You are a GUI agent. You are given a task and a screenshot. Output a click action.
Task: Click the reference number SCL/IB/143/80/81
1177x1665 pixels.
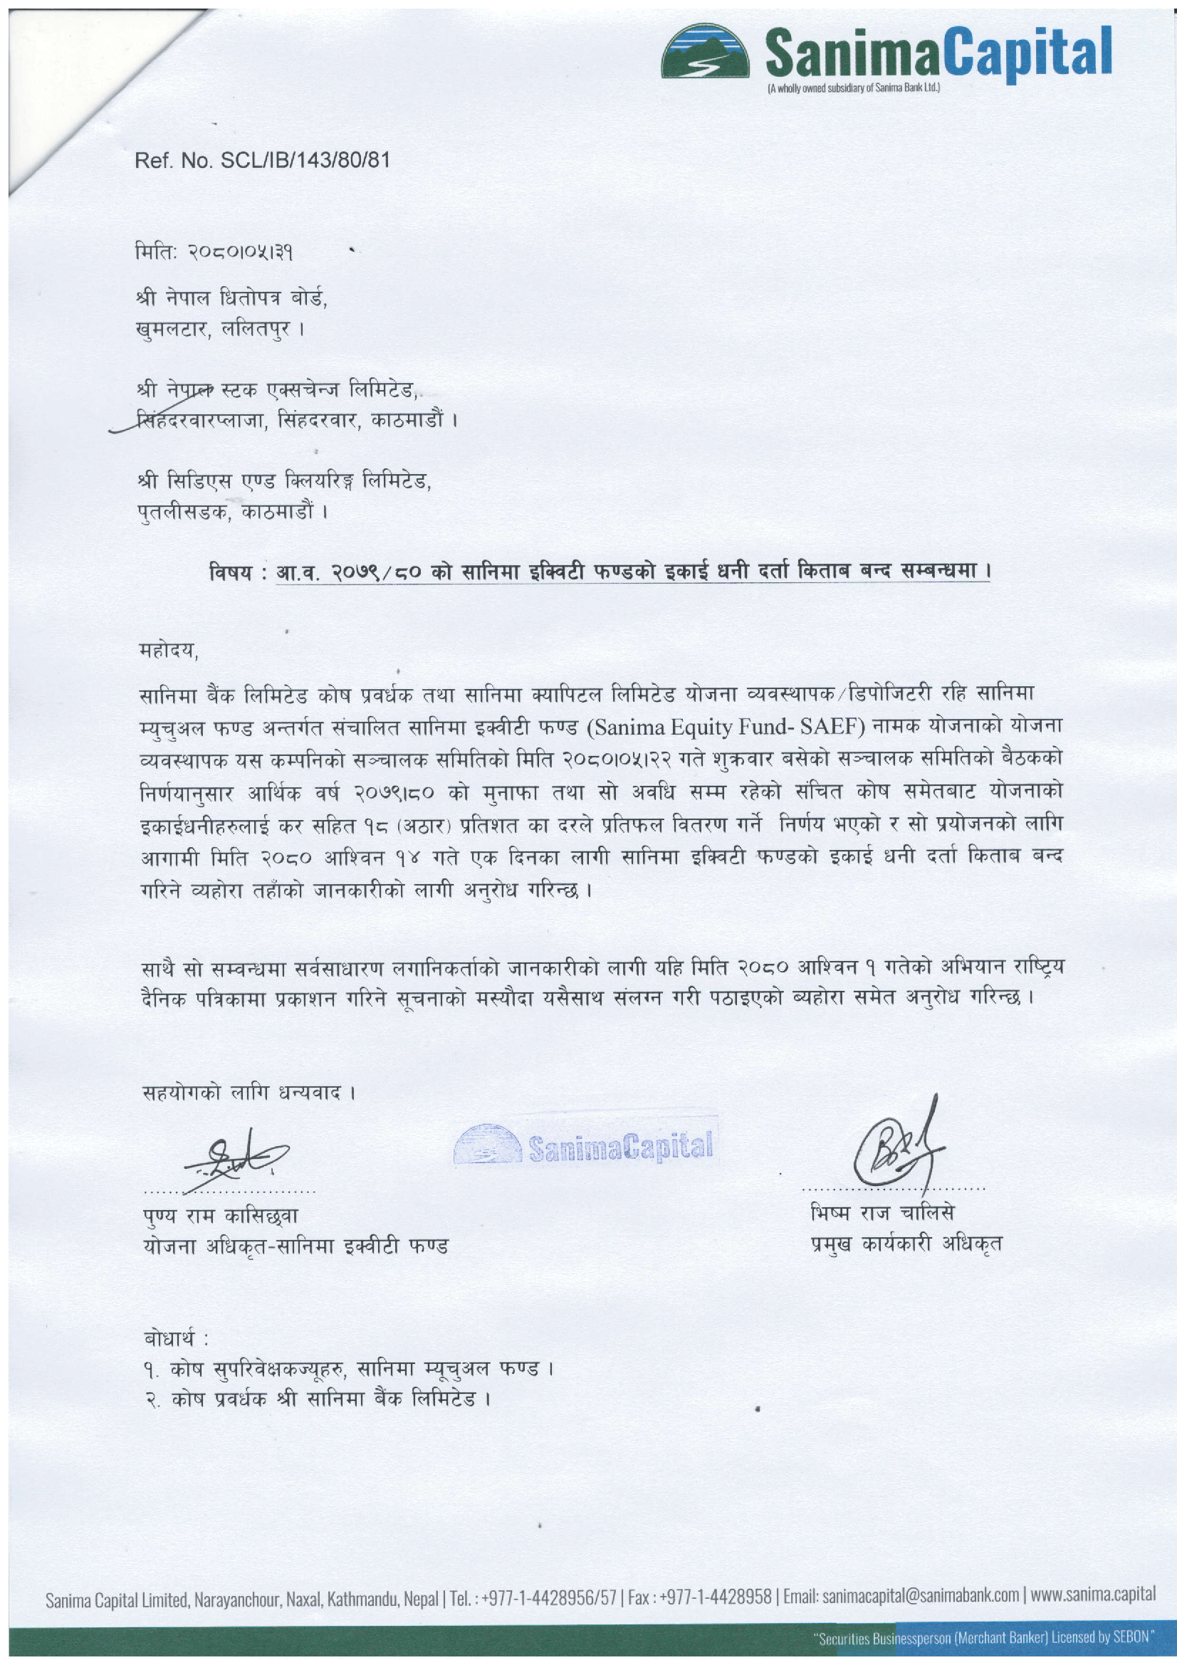tap(305, 160)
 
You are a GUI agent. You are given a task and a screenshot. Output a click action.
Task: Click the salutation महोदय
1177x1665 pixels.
tap(168, 650)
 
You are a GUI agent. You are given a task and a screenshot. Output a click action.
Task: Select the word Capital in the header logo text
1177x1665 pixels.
tap(1030, 52)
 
